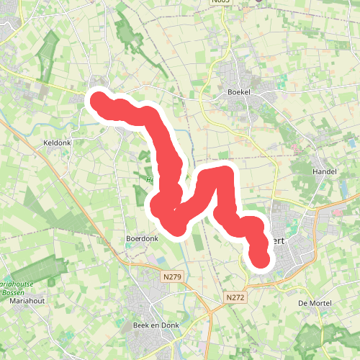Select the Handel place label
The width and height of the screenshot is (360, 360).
point(324,172)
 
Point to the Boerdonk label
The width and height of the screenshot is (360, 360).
point(141,238)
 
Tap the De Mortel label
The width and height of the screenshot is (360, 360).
point(315,304)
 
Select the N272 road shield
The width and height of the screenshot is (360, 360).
point(234,297)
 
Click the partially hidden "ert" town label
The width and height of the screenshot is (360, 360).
point(280,242)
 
